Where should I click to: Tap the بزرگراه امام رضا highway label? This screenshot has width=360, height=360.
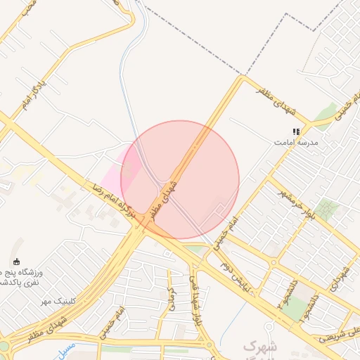click(109, 204)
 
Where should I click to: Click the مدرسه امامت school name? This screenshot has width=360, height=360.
click(297, 142)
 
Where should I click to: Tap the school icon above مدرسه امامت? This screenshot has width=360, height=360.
click(297, 131)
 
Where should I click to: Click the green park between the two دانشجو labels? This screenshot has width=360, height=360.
click(298, 304)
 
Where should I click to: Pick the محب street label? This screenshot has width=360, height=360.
click(26, 8)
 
